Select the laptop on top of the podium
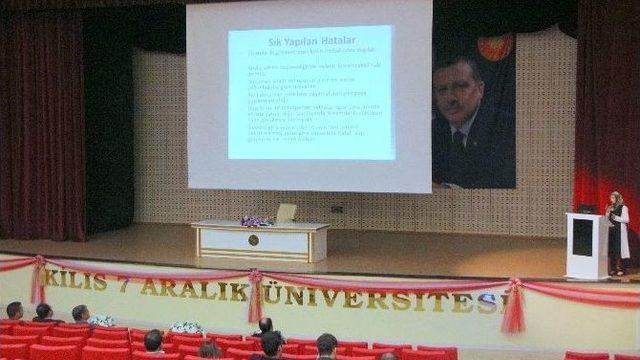click(587, 209)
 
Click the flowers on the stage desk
click(254, 221)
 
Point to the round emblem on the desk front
click(253, 240)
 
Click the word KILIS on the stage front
click(76, 281)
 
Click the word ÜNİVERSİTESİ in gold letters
click(381, 298)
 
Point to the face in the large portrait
click(459, 93)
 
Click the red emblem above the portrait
click(494, 47)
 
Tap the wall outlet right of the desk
click(337, 209)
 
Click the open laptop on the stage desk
click(285, 213)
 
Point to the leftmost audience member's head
click(14, 310)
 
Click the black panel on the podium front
click(582, 238)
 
